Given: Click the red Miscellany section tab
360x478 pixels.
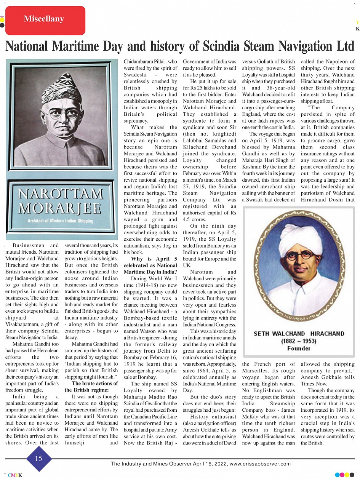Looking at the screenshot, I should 43,19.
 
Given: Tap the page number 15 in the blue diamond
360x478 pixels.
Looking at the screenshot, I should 39,458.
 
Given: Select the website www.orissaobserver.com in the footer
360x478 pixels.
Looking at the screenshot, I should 260,464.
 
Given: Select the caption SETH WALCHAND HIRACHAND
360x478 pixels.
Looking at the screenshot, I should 299,334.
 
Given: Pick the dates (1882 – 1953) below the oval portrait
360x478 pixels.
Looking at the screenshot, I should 299,341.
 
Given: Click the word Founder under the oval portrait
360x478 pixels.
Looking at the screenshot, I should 299,348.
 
